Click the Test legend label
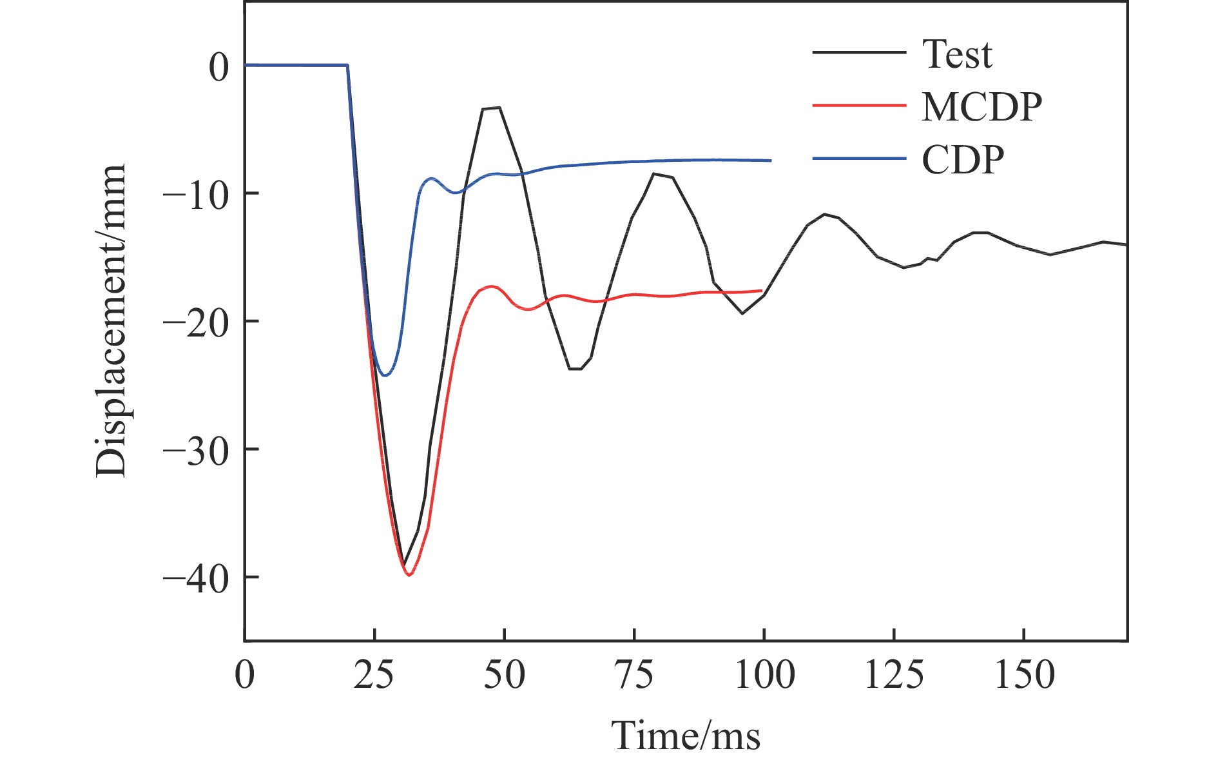pyautogui.click(x=957, y=54)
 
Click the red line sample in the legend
pyautogui.click(x=859, y=105)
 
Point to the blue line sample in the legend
pyautogui.click(x=859, y=158)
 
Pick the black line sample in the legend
pyautogui.click(x=859, y=52)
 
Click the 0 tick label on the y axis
pyautogui.click(x=218, y=67)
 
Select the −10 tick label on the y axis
pyautogui.click(x=196, y=195)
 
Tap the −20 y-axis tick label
pyautogui.click(x=196, y=322)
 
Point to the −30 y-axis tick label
pyautogui.click(x=196, y=451)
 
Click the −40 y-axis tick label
pyautogui.click(x=196, y=578)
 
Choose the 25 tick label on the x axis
pyautogui.click(x=374, y=676)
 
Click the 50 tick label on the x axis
pyautogui.click(x=505, y=676)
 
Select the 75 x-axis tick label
pyautogui.click(x=634, y=676)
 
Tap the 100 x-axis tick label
pyautogui.click(x=764, y=676)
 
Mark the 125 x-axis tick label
pyautogui.click(x=894, y=676)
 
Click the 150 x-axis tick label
pyautogui.click(x=1024, y=676)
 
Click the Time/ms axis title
pyautogui.click(x=686, y=735)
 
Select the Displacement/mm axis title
pyautogui.click(x=111, y=320)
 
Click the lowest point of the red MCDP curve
pyautogui.click(x=409, y=575)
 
